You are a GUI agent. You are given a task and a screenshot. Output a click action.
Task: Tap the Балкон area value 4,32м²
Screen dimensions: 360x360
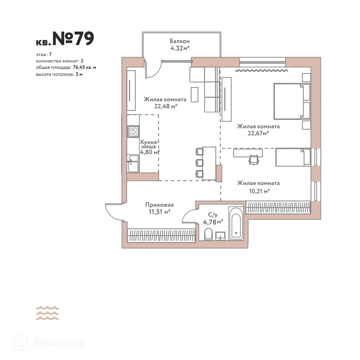(x=180, y=48)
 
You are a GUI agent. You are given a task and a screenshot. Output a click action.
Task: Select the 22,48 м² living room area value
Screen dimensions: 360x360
(x=165, y=106)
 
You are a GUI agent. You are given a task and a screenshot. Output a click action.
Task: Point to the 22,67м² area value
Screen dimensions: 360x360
(x=258, y=133)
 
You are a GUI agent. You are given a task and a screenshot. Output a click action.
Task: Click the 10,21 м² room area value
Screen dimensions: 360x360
(x=258, y=191)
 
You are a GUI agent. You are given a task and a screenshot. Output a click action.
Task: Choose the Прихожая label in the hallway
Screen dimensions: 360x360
(x=159, y=205)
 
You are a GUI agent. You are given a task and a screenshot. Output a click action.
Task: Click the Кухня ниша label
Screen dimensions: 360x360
(x=149, y=144)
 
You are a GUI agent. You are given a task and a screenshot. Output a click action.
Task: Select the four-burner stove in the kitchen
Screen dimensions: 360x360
(x=133, y=131)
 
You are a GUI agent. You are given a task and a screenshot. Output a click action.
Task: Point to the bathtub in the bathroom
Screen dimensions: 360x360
(x=236, y=223)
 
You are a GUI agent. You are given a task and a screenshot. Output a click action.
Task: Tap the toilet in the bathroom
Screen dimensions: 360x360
(x=208, y=235)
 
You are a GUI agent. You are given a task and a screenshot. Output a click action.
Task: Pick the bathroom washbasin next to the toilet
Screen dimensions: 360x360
(x=220, y=236)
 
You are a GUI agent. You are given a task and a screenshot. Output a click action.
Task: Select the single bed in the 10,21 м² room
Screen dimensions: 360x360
(x=293, y=157)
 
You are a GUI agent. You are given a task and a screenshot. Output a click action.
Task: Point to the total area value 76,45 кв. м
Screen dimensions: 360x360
(x=84, y=67)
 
